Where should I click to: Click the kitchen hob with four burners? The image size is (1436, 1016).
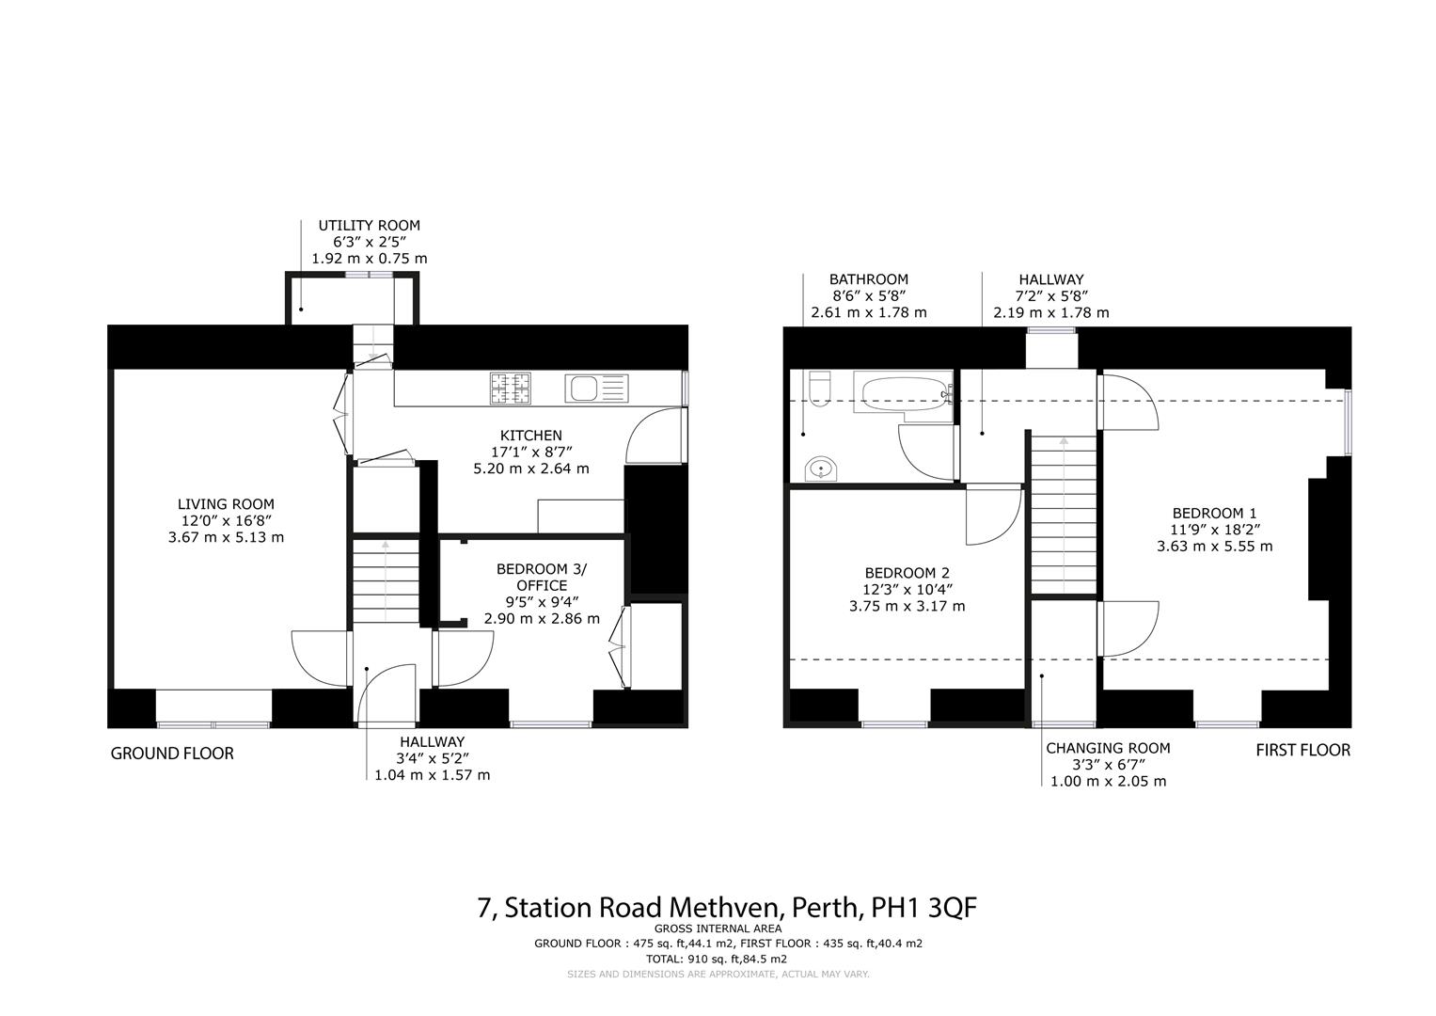click(x=510, y=389)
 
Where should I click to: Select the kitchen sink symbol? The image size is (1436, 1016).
click(x=595, y=389)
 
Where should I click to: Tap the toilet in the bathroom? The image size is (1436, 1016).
click(x=819, y=388)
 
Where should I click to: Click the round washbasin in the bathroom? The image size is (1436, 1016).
click(x=821, y=468)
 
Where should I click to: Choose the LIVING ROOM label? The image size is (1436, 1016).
click(x=226, y=504)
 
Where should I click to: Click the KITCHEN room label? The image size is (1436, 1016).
click(x=530, y=436)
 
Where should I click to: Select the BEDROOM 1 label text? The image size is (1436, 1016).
click(x=1207, y=513)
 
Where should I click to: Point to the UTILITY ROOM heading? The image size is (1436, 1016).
click(x=369, y=226)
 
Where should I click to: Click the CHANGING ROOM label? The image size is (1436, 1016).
click(x=1108, y=748)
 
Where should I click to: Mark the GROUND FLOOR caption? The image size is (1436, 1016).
click(x=172, y=754)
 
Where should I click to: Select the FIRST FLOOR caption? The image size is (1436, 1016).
click(x=1302, y=750)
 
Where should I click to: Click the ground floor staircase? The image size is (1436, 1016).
click(x=385, y=579)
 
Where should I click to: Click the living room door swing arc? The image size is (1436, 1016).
click(x=319, y=658)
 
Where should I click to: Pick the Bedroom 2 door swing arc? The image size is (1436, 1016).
click(x=994, y=516)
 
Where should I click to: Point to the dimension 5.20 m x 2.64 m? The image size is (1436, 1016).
click(x=530, y=468)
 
